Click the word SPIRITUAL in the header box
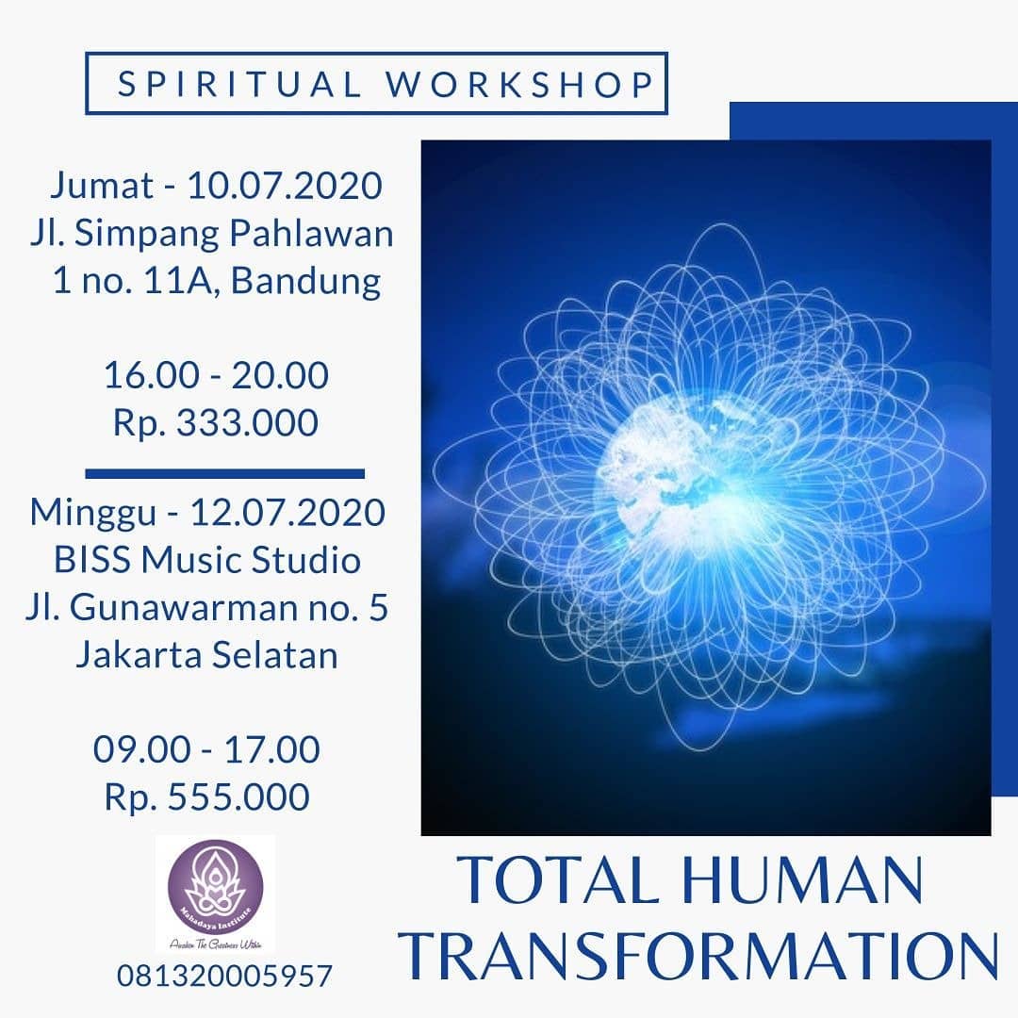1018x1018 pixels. pyautogui.click(x=239, y=84)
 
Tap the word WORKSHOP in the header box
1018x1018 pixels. pyautogui.click(x=520, y=84)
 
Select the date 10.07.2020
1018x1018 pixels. pyautogui.click(x=285, y=186)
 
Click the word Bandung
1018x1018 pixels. pyautogui.click(x=306, y=282)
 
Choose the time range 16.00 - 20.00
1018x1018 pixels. pyautogui.click(x=216, y=375)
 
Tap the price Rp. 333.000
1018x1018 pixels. pyautogui.click(x=216, y=423)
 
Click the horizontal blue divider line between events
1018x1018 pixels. pyautogui.click(x=224, y=473)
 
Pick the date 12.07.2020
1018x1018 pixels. pyautogui.click(x=287, y=513)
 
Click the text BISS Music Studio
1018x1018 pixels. pyautogui.click(x=206, y=561)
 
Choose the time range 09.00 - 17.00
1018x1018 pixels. pyautogui.click(x=206, y=750)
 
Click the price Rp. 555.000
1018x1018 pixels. pyautogui.click(x=206, y=797)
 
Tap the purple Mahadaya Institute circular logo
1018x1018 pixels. pyautogui.click(x=216, y=890)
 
